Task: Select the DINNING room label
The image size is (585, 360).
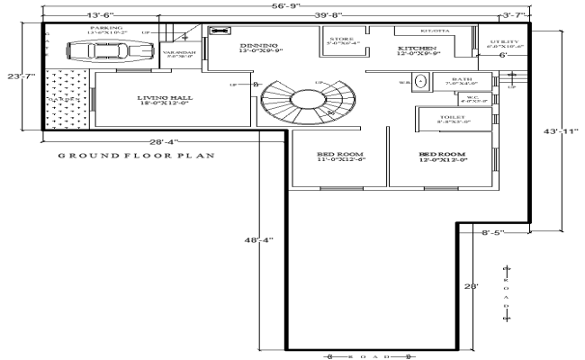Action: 259,47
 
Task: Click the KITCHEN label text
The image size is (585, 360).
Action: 418,50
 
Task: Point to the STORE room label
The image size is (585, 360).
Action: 340,40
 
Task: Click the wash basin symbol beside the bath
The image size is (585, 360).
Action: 418,85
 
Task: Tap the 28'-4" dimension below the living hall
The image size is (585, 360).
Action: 164,141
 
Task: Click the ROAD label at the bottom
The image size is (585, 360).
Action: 372,356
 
